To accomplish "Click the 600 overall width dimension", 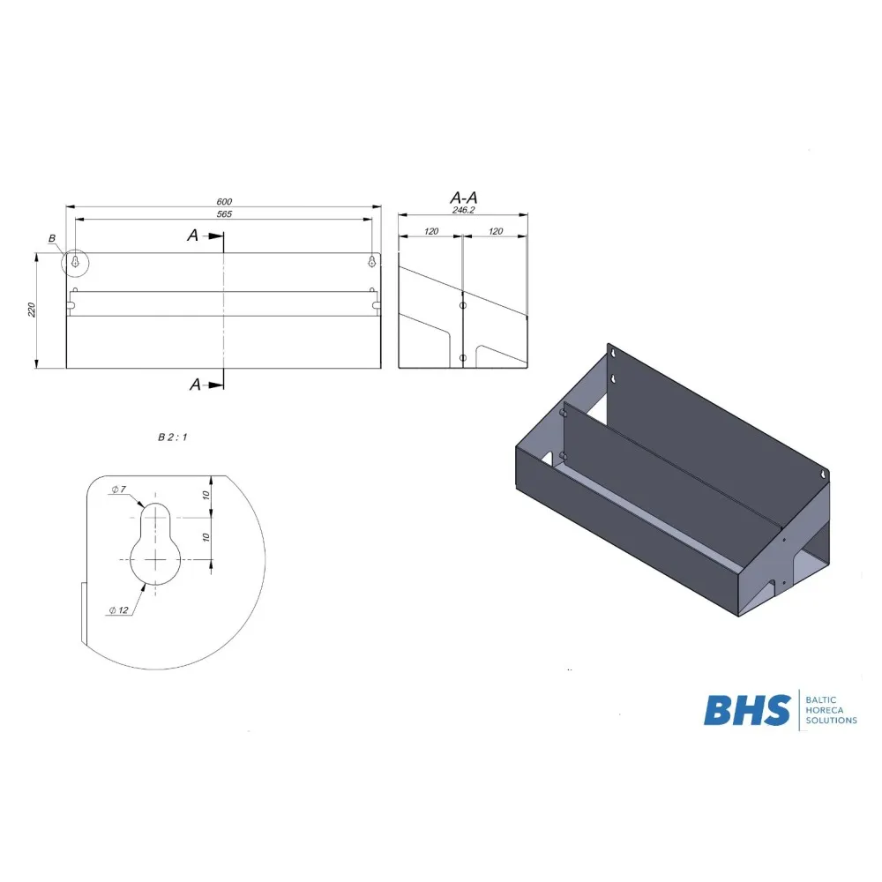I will click(223, 202).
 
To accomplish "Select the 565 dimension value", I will click(223, 214).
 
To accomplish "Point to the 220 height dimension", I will click(32, 310).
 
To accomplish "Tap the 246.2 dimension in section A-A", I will click(463, 211).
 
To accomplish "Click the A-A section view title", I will click(463, 197).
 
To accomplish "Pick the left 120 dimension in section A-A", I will click(430, 231).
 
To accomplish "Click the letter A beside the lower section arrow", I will click(194, 384).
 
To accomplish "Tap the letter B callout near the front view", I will click(52, 239).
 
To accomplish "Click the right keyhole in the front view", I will click(372, 262).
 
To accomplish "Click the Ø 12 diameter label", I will click(119, 609).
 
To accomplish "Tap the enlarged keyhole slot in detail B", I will click(155, 542).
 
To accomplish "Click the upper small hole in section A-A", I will click(463, 305).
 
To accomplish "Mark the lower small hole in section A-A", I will click(463, 357).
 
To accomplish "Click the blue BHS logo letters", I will click(746, 710).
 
